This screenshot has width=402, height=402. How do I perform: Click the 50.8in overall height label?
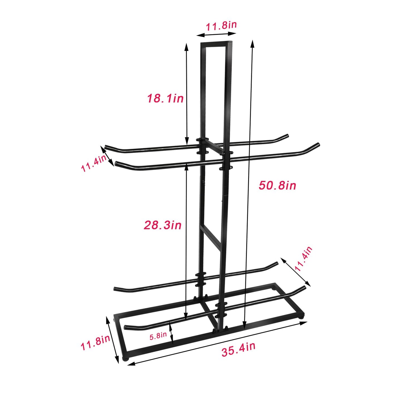(x=277, y=185)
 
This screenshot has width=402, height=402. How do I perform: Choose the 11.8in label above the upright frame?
(x=221, y=26)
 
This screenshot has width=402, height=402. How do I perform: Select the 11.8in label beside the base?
(x=95, y=346)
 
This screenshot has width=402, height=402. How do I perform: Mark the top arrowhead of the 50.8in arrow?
(x=253, y=42)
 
